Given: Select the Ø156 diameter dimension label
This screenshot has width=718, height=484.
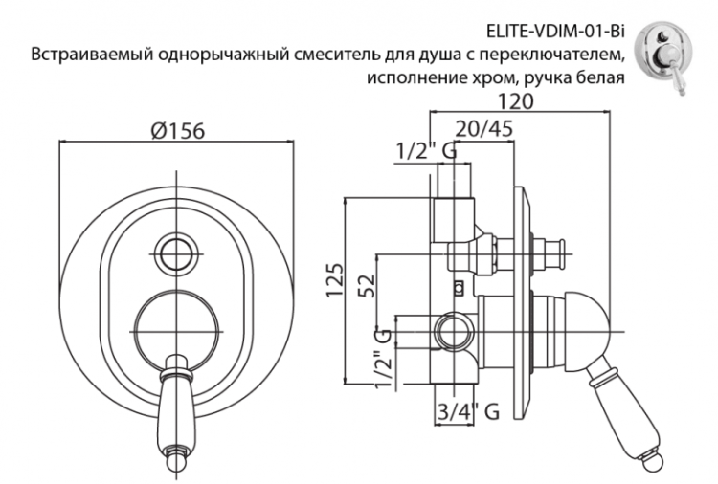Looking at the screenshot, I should pyautogui.click(x=178, y=131).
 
